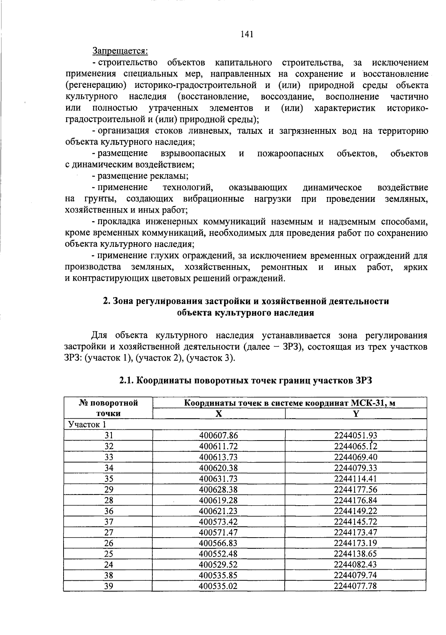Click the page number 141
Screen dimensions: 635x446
point(247,34)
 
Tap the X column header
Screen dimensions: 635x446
point(219,413)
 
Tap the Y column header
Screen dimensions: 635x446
point(356,413)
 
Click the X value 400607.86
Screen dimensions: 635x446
point(219,435)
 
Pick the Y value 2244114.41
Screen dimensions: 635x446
point(356,478)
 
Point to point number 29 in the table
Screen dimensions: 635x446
point(109,489)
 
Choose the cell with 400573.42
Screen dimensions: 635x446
point(219,522)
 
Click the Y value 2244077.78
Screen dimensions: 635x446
point(356,586)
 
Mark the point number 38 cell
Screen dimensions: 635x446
point(109,576)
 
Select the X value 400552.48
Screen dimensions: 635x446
point(219,554)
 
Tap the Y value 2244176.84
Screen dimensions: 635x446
point(356,500)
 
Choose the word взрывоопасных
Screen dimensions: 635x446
point(193,154)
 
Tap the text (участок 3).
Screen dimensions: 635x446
point(211,358)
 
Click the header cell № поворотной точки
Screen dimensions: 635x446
point(109,408)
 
